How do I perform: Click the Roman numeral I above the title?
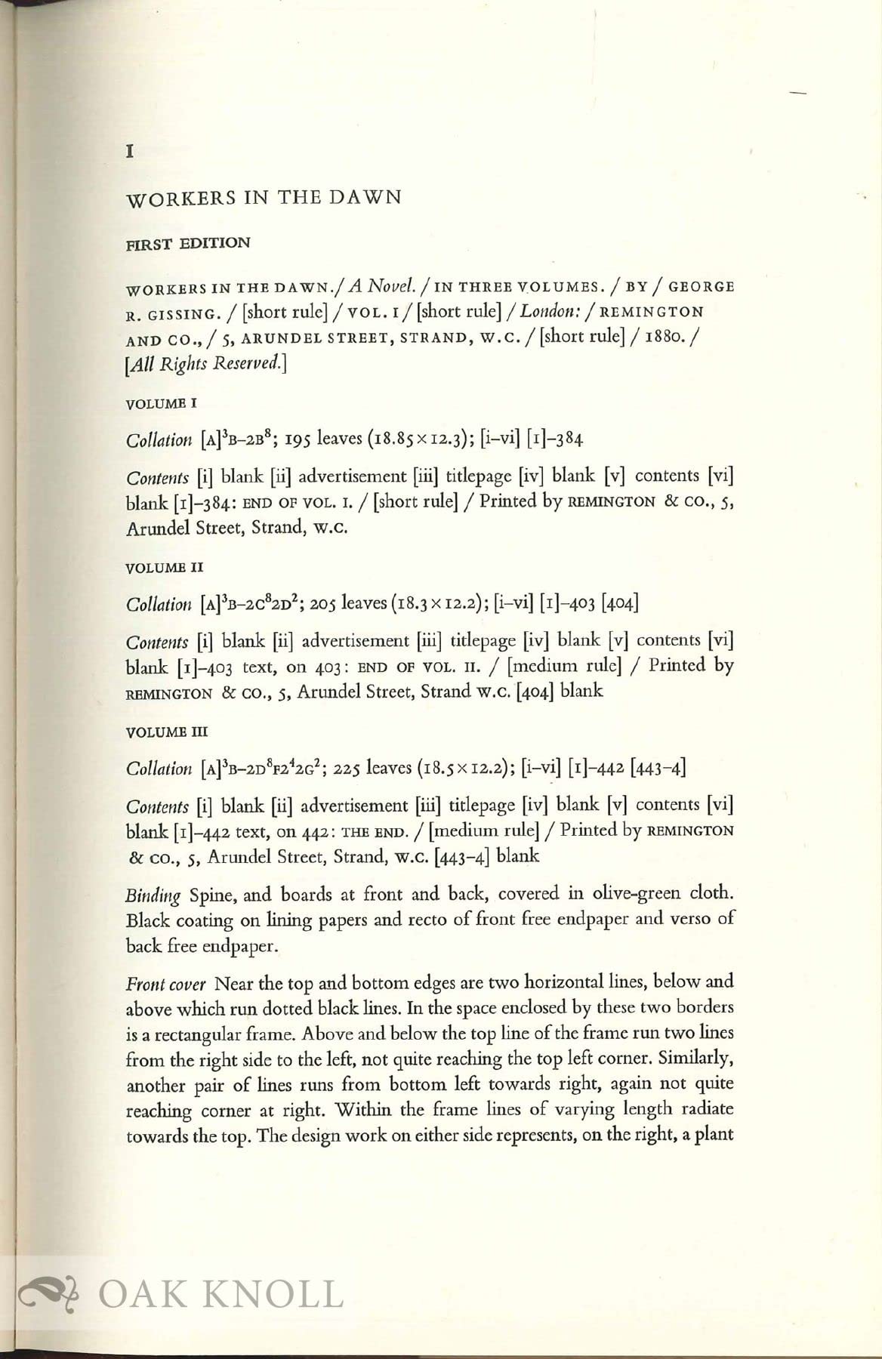pyautogui.click(x=130, y=152)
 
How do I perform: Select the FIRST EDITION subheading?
pyautogui.click(x=187, y=243)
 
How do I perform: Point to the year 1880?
pyautogui.click(x=667, y=337)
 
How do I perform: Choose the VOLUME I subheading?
pyautogui.click(x=161, y=403)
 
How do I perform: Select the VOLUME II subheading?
pyautogui.click(x=165, y=567)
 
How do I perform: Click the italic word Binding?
pyautogui.click(x=153, y=896)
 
